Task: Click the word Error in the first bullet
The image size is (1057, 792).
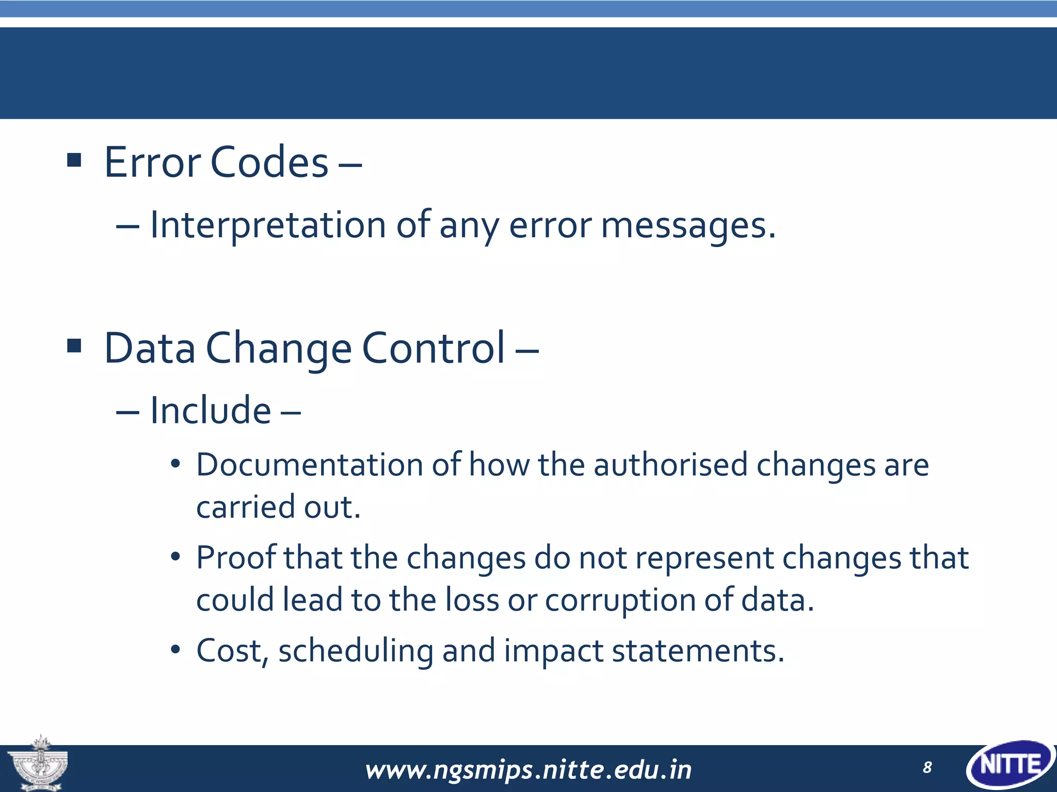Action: [152, 162]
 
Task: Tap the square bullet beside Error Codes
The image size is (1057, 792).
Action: [74, 160]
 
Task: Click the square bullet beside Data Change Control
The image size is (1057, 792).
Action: [74, 345]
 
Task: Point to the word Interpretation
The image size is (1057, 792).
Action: [267, 226]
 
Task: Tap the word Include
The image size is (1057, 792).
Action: [210, 411]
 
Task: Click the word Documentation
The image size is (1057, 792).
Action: [310, 465]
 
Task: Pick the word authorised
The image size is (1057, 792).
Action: [670, 465]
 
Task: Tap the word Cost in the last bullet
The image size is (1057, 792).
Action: [229, 651]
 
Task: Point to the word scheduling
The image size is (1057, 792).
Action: [356, 652]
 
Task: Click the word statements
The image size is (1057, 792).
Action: [698, 651]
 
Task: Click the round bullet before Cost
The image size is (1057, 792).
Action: [175, 650]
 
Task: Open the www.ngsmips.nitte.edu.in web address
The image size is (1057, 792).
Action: [528, 770]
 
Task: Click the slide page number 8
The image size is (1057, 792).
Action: [927, 768]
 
